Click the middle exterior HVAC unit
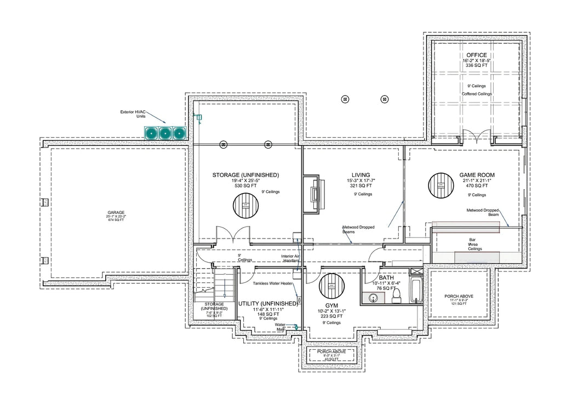point(164,132)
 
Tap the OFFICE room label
point(476,55)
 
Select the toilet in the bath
point(396,296)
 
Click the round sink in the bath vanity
point(374,298)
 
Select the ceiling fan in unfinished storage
point(246,207)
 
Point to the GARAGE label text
point(116,213)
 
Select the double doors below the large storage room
point(234,236)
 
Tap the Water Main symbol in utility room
point(296,327)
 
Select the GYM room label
point(331,305)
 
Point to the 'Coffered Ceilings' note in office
point(477,94)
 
